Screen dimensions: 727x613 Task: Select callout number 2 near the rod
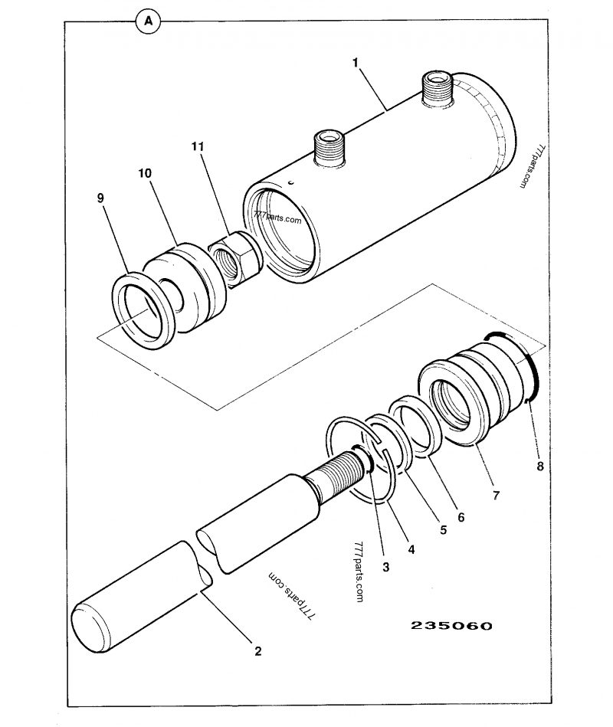click(257, 651)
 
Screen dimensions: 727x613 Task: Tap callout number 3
click(385, 567)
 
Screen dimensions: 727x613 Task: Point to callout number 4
click(411, 549)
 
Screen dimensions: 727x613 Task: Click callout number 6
click(461, 517)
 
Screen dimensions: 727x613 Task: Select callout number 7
click(496, 496)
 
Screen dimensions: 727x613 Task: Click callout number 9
click(100, 198)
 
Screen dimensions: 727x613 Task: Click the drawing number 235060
click(451, 625)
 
